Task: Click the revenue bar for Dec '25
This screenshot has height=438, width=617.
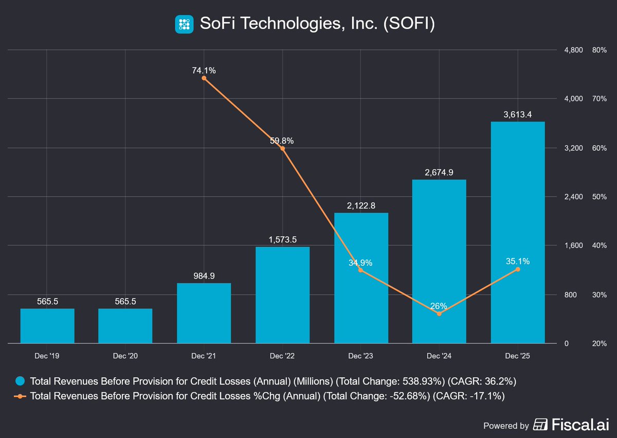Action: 517,232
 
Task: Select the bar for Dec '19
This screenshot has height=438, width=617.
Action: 47,326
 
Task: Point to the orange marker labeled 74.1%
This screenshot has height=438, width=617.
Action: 204,78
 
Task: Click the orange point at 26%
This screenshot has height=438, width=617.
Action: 439,313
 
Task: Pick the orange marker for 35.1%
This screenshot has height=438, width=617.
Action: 517,269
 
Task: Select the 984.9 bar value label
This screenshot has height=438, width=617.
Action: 204,276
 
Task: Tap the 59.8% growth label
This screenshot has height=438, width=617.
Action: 282,141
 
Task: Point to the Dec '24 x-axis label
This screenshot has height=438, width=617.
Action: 439,356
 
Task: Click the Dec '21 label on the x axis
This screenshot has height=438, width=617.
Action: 204,356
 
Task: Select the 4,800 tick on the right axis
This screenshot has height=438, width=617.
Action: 574,50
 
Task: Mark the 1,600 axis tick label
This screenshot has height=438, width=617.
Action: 574,246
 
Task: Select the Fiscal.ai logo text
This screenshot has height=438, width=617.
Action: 579,425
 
